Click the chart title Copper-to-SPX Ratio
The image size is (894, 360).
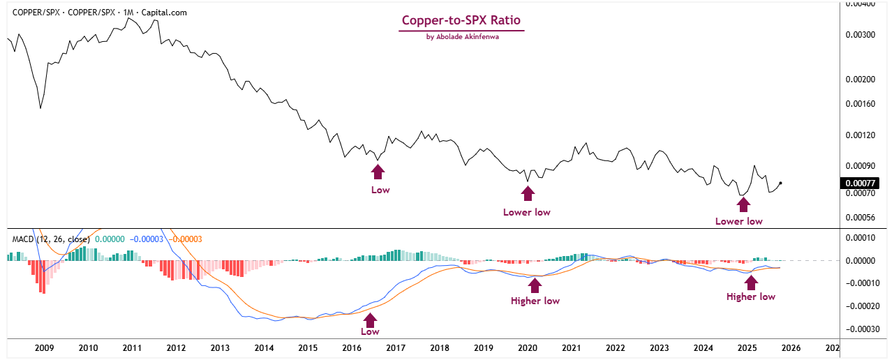tap(461, 21)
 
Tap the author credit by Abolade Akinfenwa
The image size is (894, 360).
tap(462, 37)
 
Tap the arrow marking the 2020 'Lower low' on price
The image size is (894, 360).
tap(528, 193)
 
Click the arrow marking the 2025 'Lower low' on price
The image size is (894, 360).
tap(743, 204)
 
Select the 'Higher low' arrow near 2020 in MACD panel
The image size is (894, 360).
tap(535, 284)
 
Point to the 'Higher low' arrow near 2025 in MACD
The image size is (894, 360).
tap(751, 282)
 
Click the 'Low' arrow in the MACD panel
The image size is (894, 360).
tap(370, 320)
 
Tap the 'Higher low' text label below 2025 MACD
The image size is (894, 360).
tap(751, 297)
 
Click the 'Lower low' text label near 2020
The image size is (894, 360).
tap(527, 212)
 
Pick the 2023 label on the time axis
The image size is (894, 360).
tap(659, 347)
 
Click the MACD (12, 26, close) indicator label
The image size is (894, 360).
tap(50, 239)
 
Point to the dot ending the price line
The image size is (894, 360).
tap(780, 183)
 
